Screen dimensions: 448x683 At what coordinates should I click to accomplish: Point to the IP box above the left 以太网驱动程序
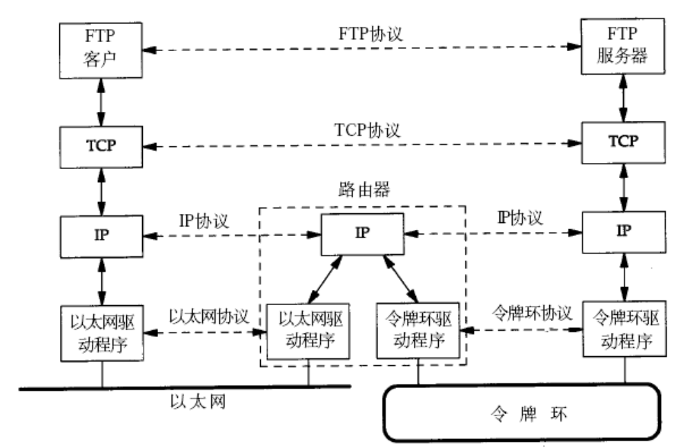102,233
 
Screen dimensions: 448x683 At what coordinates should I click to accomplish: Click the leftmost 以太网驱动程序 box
102,331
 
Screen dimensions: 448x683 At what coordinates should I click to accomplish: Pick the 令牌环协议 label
531,312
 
